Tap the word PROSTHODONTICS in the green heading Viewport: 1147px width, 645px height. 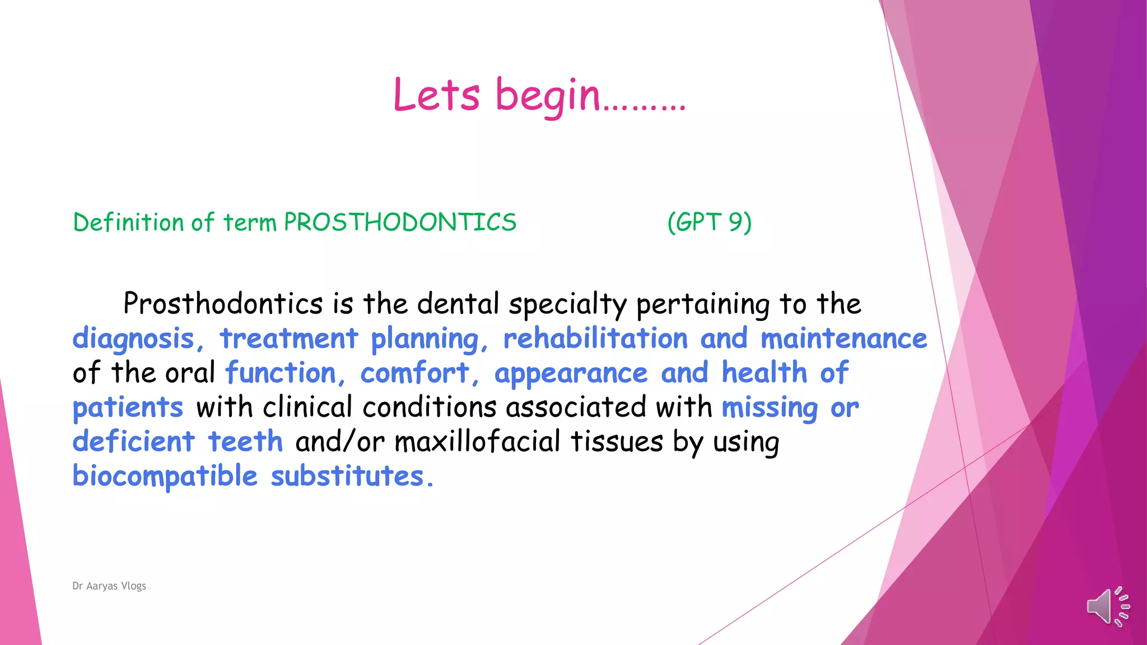point(400,222)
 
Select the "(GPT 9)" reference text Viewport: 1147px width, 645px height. point(709,222)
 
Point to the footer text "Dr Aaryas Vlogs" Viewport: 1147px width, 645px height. point(109,586)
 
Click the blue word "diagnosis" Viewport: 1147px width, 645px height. point(133,339)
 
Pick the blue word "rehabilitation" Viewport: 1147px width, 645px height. point(595,339)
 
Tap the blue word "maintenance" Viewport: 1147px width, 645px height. point(843,339)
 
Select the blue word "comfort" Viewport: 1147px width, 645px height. point(414,373)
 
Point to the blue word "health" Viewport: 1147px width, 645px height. point(764,373)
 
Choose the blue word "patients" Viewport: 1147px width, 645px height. point(128,408)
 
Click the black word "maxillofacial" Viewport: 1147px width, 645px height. point(477,442)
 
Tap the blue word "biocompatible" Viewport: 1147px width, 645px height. point(165,477)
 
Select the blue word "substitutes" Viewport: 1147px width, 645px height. point(347,476)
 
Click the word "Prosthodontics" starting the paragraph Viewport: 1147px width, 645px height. point(223,304)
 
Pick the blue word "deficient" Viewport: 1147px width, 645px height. point(133,442)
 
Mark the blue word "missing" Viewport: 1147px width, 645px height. point(770,408)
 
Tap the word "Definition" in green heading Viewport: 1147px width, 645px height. point(129,222)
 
